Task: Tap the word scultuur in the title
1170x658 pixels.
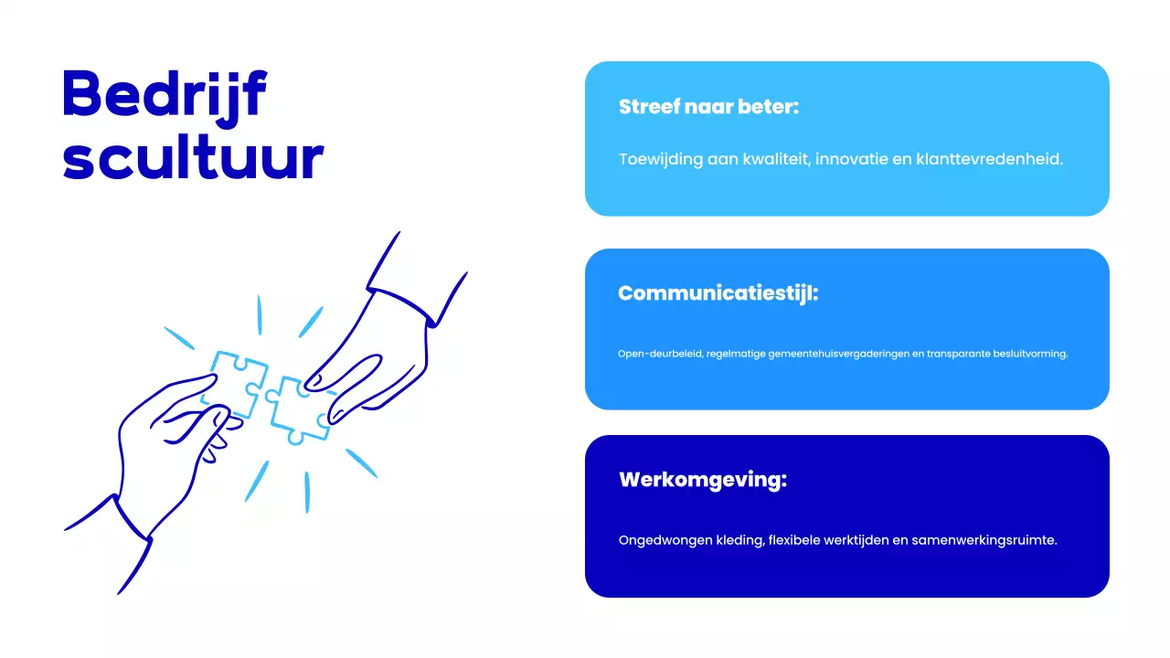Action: (193, 158)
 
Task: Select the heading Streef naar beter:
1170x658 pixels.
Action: (708, 106)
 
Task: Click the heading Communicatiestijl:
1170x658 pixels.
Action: (718, 293)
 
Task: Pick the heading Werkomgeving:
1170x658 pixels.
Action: (702, 480)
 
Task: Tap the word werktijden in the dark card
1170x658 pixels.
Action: (854, 540)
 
